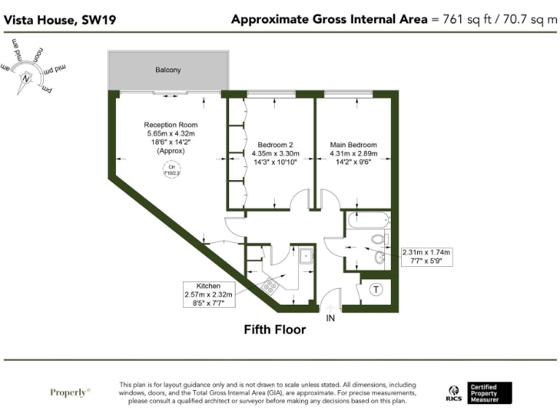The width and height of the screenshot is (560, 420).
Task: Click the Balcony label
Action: (168, 70)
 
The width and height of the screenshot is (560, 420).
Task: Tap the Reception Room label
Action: (171, 125)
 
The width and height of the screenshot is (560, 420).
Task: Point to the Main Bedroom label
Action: (353, 144)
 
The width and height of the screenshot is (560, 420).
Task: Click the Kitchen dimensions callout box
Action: (209, 295)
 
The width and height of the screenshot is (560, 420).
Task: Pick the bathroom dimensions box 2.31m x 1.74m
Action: (427, 257)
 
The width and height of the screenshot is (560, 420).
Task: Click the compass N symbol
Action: (27, 78)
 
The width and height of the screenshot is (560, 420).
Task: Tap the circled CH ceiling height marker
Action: (172, 171)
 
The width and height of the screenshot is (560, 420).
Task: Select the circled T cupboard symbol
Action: (377, 289)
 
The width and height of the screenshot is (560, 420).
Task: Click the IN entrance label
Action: (330, 319)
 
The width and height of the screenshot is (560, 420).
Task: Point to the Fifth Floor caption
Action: (275, 330)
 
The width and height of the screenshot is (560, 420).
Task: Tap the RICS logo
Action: (454, 394)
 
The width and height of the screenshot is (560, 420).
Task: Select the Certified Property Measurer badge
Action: (490, 393)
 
